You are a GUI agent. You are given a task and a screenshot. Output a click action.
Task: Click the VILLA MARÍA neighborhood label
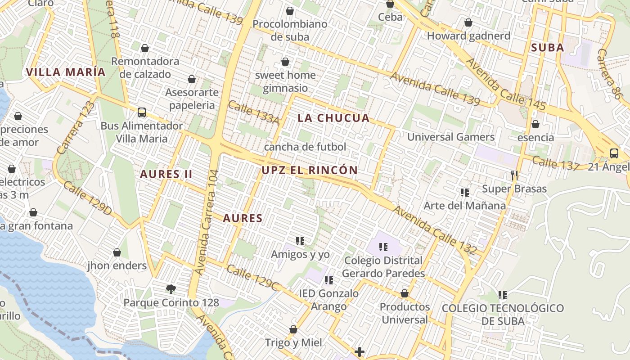[x=66, y=72]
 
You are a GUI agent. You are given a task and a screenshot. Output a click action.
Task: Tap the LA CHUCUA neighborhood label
[x=333, y=118]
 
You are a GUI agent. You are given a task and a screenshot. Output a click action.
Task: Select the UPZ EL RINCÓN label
[x=310, y=171]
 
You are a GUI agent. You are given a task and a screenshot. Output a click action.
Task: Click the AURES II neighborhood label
[x=166, y=174]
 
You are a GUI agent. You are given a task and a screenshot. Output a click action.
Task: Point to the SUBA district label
[x=547, y=48]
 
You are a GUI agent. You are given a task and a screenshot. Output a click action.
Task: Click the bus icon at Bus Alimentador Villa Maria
[x=142, y=112]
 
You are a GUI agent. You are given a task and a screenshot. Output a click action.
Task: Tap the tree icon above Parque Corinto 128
[x=171, y=289]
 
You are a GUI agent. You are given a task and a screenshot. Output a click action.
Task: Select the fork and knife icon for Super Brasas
[x=514, y=175]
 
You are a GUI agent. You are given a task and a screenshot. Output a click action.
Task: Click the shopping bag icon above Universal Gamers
[x=535, y=124]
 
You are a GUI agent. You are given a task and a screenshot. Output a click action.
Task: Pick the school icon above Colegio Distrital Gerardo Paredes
[x=383, y=247]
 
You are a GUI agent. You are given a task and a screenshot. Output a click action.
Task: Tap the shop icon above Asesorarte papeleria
[x=192, y=79]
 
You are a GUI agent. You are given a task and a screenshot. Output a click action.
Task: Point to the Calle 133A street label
[x=253, y=112]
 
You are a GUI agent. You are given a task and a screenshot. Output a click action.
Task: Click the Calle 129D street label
[x=88, y=198]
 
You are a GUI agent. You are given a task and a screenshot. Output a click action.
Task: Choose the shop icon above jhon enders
[x=117, y=252]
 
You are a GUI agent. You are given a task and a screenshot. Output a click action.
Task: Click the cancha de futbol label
[x=305, y=147]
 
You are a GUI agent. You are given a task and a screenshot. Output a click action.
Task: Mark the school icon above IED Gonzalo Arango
[x=329, y=280]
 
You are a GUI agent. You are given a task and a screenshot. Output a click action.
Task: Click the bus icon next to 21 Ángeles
[x=614, y=153]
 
